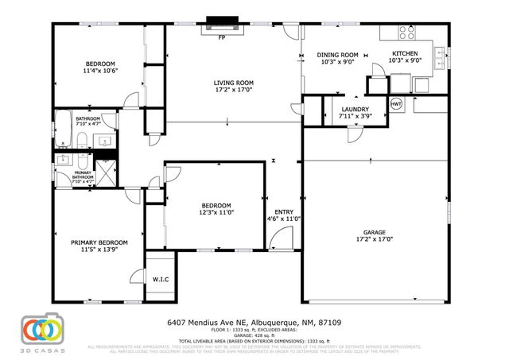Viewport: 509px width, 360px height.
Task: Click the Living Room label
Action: (233, 83)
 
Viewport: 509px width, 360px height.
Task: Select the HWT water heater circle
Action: (396, 104)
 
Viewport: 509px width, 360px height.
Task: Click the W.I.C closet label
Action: (160, 280)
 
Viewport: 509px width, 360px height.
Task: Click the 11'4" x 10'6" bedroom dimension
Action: (101, 70)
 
